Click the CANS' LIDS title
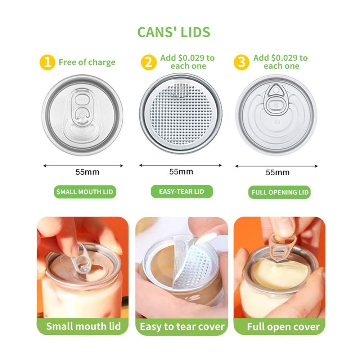tap(174, 32)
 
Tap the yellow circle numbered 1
tap(47, 62)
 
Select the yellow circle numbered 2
tap(149, 62)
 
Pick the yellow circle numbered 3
tap(242, 62)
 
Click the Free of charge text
tap(87, 62)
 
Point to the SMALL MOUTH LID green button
tap(85, 192)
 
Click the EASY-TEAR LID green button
tap(182, 192)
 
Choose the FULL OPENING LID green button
tap(279, 192)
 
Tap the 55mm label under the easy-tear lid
tap(181, 172)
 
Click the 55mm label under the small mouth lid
tap(87, 172)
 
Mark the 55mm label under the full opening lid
tap(278, 172)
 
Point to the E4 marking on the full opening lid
tap(277, 122)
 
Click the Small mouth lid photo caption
tap(84, 326)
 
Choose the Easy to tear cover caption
tap(182, 327)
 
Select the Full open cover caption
tap(283, 327)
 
